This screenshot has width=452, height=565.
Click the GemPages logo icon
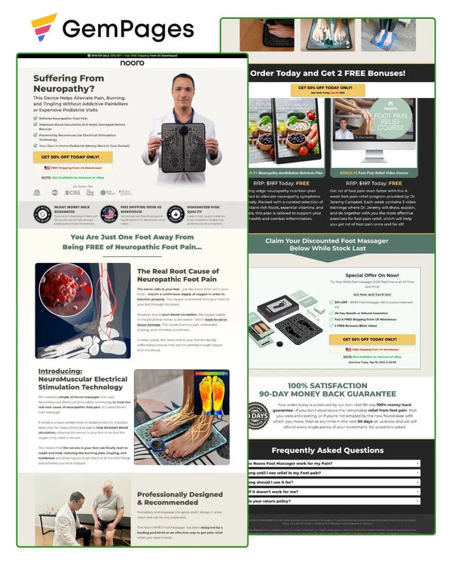coord(44,28)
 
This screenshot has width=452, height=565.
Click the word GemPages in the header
coord(128,29)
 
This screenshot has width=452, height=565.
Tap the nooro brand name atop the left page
coord(132,63)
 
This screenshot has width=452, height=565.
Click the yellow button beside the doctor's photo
coord(72,157)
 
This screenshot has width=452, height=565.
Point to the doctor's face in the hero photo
coord(181,89)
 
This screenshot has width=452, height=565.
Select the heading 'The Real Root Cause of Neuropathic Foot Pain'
coord(178,275)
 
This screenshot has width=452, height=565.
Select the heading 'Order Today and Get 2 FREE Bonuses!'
coord(328,73)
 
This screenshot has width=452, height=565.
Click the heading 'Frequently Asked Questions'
coord(328,450)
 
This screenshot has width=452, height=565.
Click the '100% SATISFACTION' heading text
coord(327,386)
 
